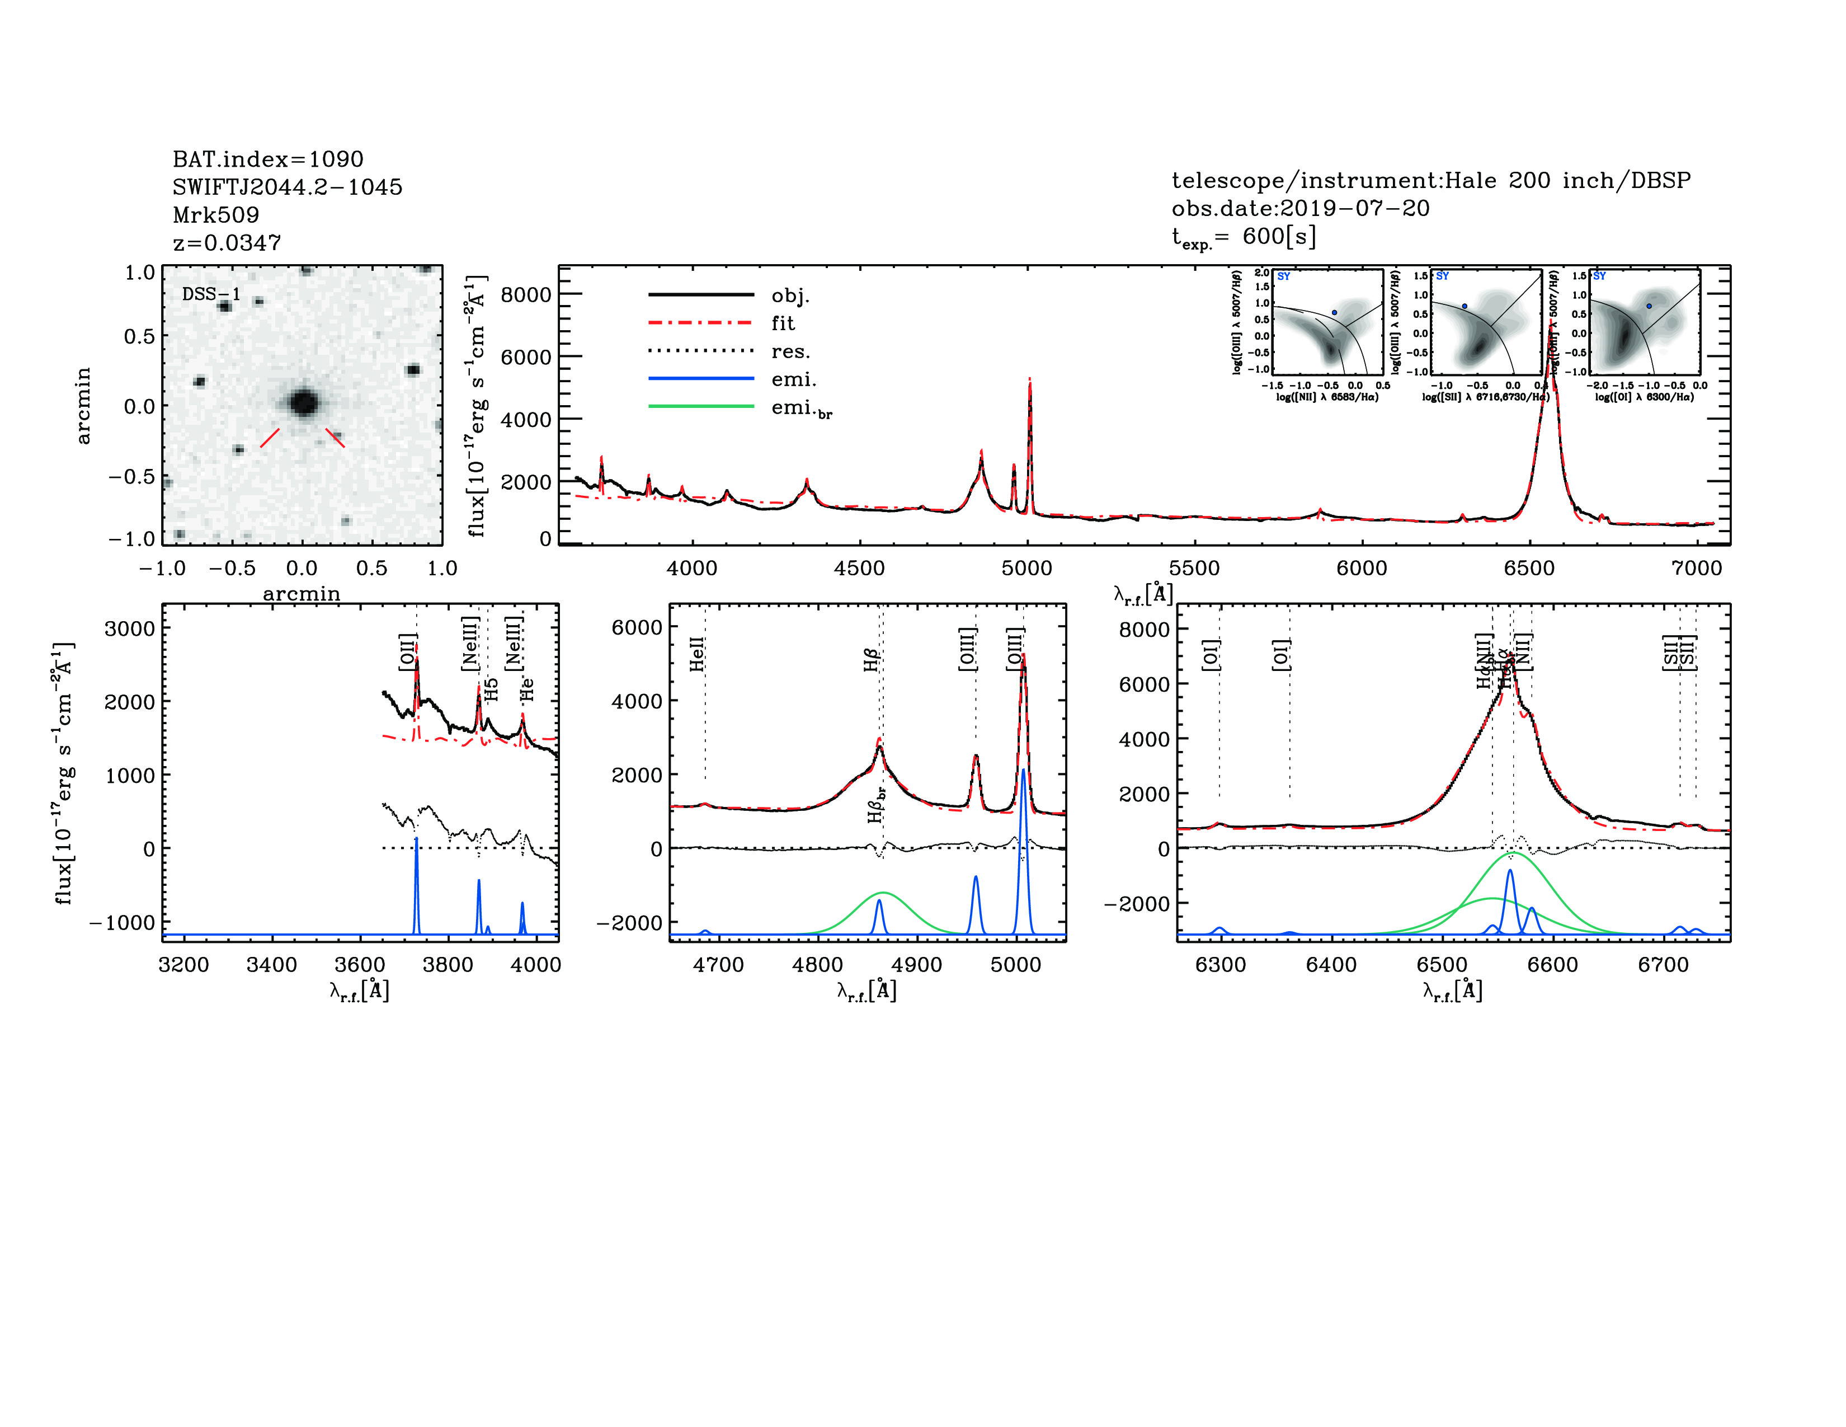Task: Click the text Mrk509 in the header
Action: (x=215, y=215)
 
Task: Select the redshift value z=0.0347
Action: (x=227, y=243)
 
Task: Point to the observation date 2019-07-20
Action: (x=1354, y=208)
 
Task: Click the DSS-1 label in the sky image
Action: (x=211, y=294)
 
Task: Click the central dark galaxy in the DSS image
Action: (x=303, y=402)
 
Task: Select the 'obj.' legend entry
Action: (x=789, y=296)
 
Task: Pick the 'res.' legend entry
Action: (x=789, y=351)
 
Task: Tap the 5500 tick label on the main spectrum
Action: (x=1194, y=568)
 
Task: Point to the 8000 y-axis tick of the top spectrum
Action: (x=526, y=294)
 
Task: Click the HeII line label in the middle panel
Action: (x=696, y=655)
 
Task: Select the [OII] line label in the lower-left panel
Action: (x=407, y=652)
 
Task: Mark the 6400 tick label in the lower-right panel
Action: (x=1331, y=965)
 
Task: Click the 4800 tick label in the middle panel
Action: (x=817, y=965)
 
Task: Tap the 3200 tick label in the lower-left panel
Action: (x=183, y=965)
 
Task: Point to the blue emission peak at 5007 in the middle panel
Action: (x=1023, y=771)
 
